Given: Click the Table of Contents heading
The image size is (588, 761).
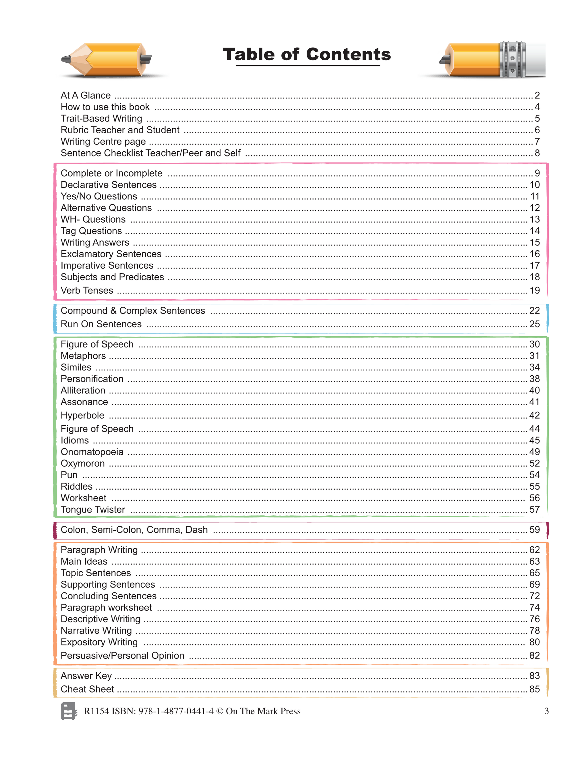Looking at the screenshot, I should coord(307,55).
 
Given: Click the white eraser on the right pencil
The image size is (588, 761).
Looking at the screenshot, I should coord(535,59).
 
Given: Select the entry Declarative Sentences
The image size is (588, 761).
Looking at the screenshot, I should coord(108,185).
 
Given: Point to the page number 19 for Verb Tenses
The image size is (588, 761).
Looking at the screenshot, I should coord(534,290).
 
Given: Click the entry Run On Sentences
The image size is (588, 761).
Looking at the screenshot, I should coord(101,324).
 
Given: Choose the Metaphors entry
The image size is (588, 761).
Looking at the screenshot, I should coord(83,356).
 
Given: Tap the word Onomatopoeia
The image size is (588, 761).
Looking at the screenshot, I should coord(92,452).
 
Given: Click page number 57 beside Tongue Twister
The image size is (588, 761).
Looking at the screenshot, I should coord(534,509).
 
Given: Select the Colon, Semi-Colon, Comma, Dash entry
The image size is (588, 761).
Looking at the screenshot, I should coord(134,530).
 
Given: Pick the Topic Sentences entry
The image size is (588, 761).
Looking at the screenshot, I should coord(96,573).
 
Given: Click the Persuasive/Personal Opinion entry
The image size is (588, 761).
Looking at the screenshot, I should coord(122,655).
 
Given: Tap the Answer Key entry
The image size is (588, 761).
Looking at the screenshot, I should coord(86,676).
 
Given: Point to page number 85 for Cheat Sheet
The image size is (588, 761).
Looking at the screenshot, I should coord(534,689).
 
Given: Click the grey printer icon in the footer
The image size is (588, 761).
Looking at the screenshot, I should coord(69,711).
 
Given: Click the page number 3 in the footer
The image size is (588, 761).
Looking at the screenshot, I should coord(546,711).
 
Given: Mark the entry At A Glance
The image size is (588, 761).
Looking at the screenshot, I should coord(86,95).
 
